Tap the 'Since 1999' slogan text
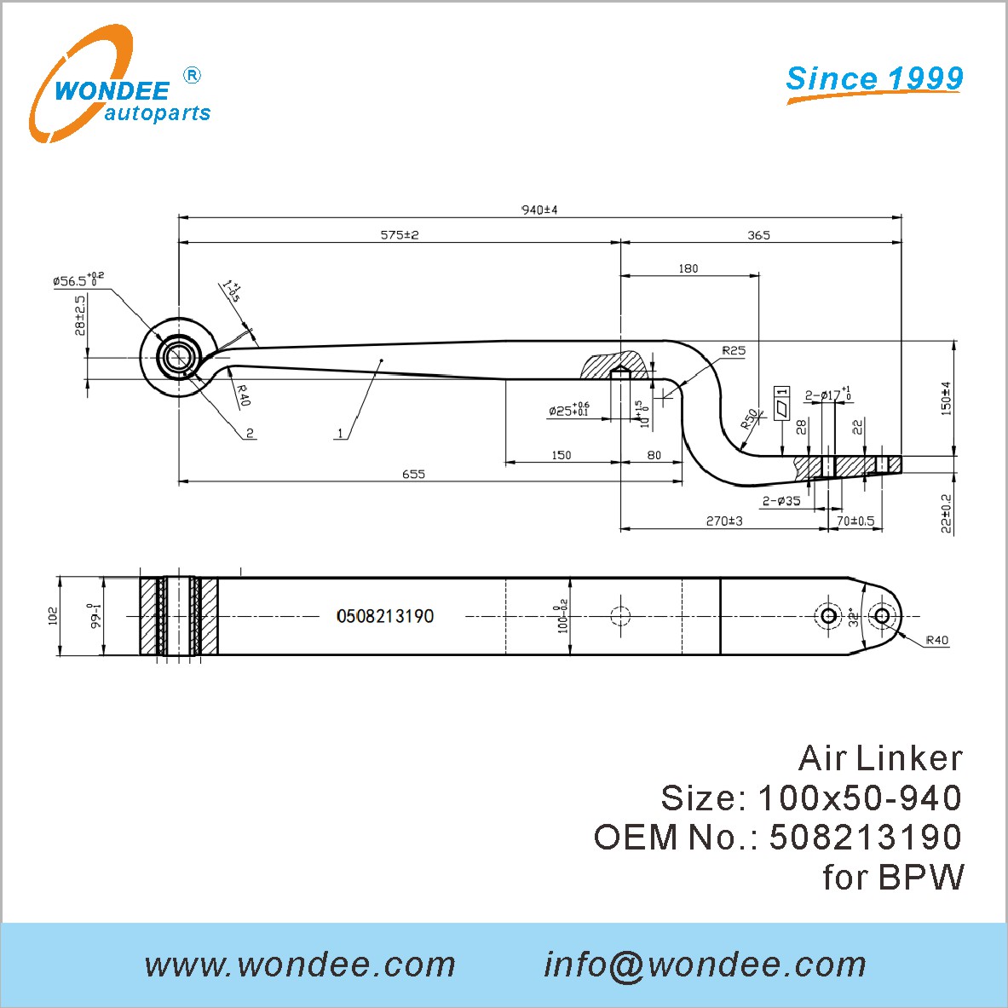tap(874, 79)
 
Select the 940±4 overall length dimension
tap(539, 210)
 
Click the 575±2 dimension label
tap(400, 234)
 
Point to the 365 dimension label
tap(758, 235)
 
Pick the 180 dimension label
tap(688, 268)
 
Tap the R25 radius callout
tap(733, 350)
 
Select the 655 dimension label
tap(413, 474)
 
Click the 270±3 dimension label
tap(724, 521)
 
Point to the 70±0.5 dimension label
tap(855, 521)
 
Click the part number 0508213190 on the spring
tap(385, 616)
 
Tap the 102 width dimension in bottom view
tap(53, 615)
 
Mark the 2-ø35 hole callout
tap(781, 501)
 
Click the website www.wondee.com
tap(300, 965)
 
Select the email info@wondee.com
tap(705, 965)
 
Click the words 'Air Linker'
tap(880, 758)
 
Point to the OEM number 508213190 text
tap(866, 837)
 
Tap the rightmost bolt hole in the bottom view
tap(882, 616)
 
